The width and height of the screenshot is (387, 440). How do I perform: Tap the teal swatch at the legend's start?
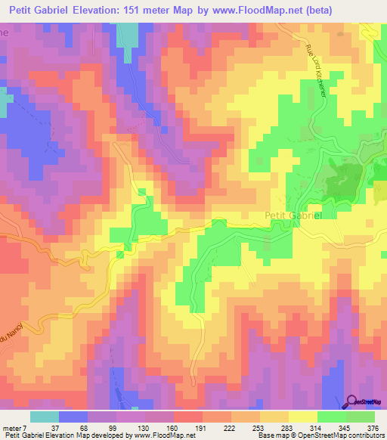(45, 417)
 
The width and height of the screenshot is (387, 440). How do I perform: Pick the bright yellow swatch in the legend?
(302, 417)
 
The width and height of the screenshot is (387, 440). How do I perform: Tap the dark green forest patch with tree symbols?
(342, 181)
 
